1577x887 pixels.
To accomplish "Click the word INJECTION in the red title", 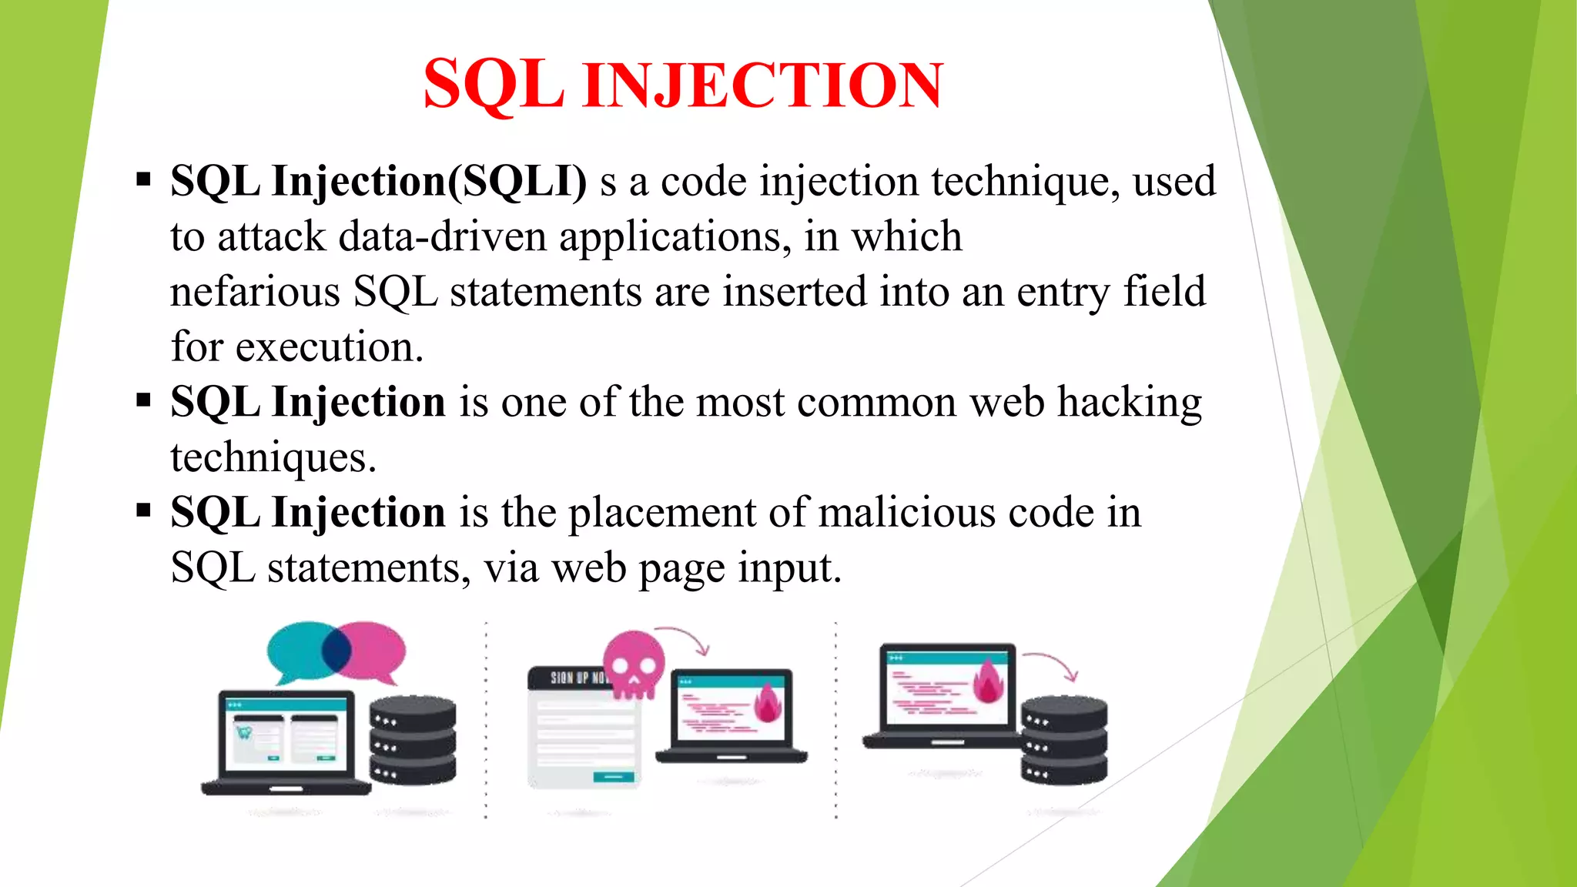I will tap(762, 85).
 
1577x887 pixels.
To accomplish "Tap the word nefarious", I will tap(255, 293).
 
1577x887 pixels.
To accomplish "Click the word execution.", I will tap(329, 348).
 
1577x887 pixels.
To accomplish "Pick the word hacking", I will tap(1129, 403).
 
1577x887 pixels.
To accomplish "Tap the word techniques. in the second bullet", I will tap(273, 458).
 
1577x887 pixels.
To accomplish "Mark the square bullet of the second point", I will tap(143, 401).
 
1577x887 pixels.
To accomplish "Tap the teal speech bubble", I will tap(296, 651).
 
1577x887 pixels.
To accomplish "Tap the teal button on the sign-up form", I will tap(614, 777).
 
